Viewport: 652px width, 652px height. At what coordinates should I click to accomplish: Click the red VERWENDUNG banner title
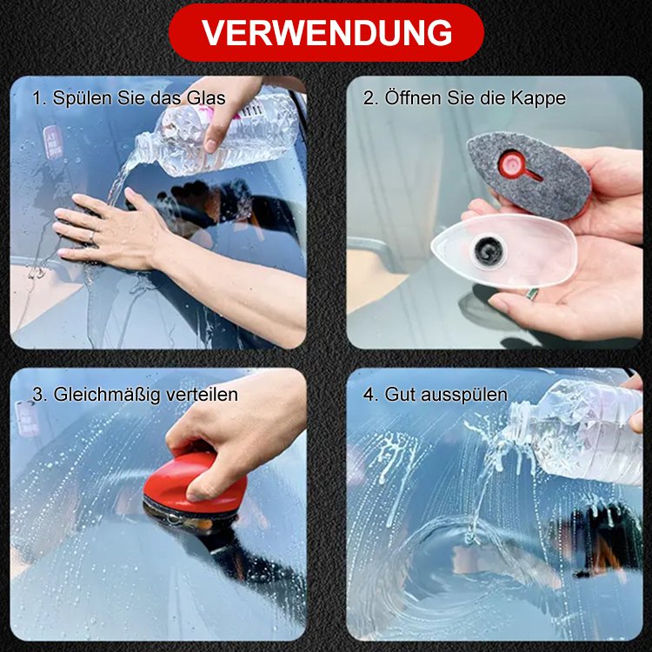pos(326,32)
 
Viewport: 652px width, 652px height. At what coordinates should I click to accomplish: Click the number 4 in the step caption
pos(368,394)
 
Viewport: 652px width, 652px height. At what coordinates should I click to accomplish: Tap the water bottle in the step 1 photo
pos(217,135)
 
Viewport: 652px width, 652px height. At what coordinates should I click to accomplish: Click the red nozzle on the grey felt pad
pos(512,163)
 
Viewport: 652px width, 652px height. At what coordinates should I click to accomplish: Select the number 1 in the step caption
pos(37,98)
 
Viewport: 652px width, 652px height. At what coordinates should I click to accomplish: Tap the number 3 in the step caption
pos(37,394)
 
